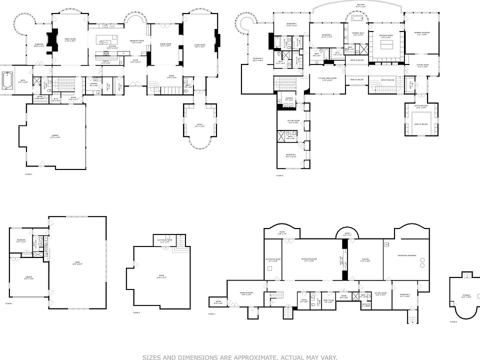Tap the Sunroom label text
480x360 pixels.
coord(39,45)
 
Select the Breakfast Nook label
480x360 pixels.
coord(136,40)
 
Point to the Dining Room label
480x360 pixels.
coord(166,45)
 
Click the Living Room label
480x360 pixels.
coord(199,45)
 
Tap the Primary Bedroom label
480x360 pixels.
coord(422,33)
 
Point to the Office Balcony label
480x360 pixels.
coord(420,106)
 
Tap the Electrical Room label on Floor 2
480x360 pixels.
coord(164,240)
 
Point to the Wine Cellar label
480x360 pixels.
coord(328,300)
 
